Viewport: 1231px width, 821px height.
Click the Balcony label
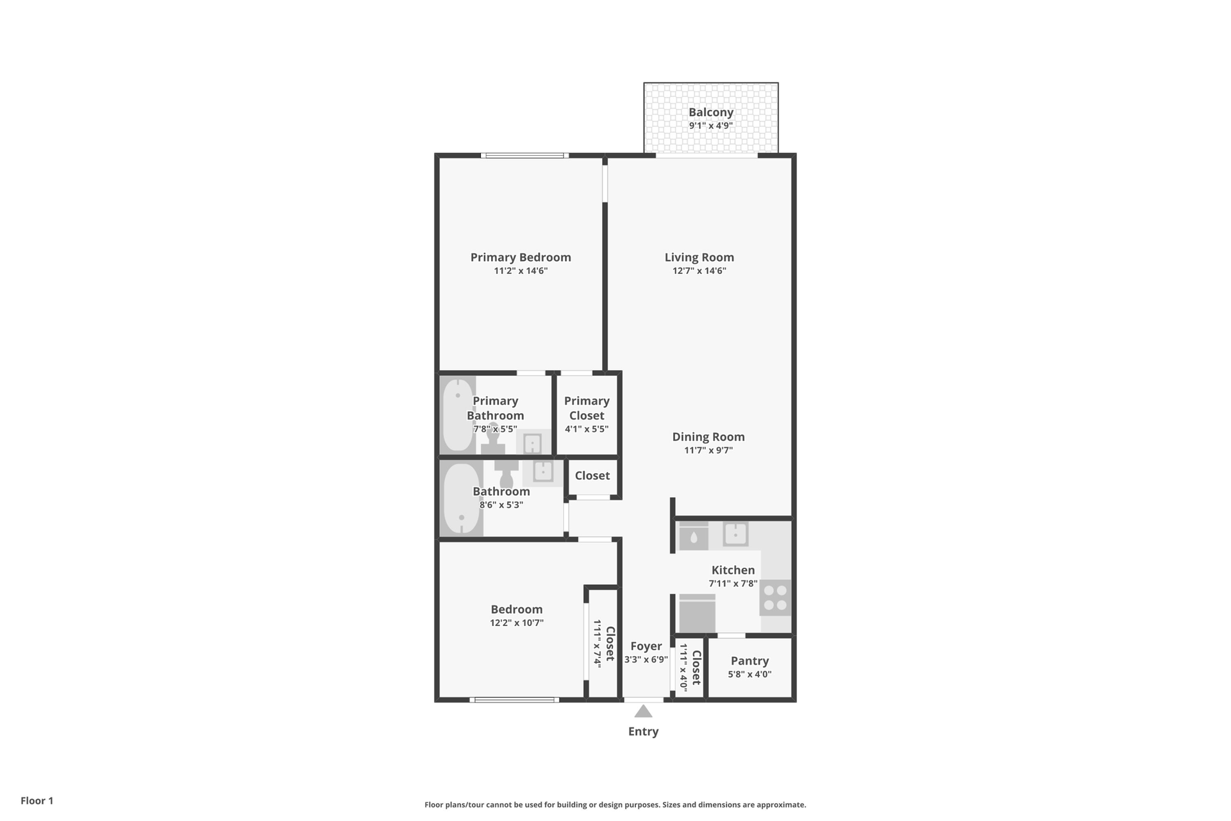tap(711, 112)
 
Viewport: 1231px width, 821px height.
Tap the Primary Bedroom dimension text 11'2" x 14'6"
tap(521, 271)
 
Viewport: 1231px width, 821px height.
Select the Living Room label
tap(699, 257)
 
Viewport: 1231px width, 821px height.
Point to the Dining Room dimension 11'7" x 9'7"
tap(708, 450)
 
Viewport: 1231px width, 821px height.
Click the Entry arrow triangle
tap(644, 711)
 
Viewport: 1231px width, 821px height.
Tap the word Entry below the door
tap(643, 732)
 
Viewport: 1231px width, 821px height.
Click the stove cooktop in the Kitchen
tap(776, 598)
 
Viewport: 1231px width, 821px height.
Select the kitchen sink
tap(736, 534)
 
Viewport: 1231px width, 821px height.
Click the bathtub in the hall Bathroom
tap(462, 498)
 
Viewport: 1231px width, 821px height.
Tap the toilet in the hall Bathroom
tap(507, 472)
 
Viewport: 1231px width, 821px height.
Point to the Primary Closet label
tap(587, 408)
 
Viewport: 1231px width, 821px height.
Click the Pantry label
tap(749, 661)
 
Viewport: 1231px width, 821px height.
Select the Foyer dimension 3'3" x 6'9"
tap(646, 659)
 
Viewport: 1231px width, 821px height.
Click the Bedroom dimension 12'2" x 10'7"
tap(517, 623)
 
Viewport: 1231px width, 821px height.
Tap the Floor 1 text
tap(37, 800)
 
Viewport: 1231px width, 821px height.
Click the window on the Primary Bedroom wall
tap(524, 155)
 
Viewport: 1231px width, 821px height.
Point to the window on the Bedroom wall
tap(514, 700)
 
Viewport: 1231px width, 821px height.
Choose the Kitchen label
tap(733, 570)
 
